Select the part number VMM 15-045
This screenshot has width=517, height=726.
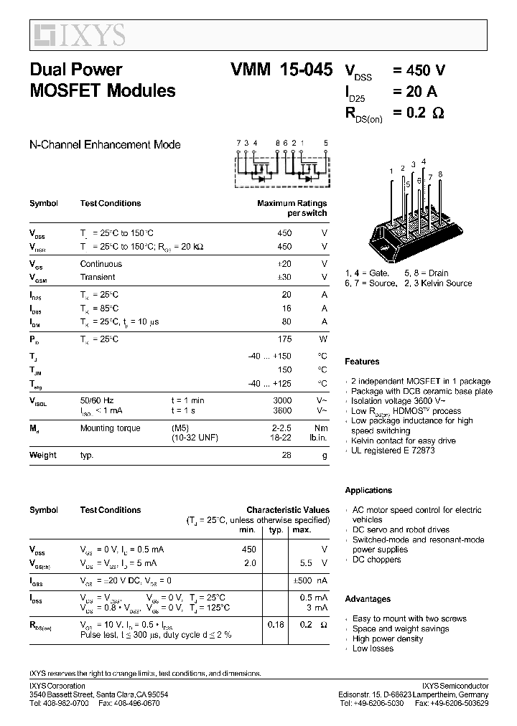tap(281, 70)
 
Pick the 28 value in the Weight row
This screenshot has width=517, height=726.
tap(287, 455)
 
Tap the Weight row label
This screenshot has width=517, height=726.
tap(43, 455)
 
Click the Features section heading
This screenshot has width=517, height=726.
tap(362, 362)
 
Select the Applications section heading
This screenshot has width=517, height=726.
tap(368, 491)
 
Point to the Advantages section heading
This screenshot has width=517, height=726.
tap(368, 599)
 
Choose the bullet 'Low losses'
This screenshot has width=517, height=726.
tap(373, 649)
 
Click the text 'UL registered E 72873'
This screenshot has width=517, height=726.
tap(393, 451)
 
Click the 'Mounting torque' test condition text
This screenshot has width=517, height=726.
tap(111, 428)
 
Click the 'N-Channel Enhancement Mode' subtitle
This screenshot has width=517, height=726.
tap(105, 145)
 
